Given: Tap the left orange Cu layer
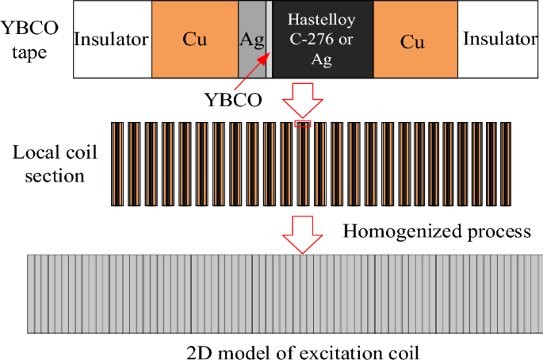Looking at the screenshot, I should (194, 40).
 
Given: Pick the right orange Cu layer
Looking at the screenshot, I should (411, 40).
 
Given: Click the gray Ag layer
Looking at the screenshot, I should (250, 40).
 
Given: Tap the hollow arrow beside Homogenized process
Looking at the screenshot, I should (304, 236).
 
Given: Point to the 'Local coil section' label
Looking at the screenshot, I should (48, 164).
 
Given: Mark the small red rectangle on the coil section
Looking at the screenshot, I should (304, 123).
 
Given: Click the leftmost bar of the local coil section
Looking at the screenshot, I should (117, 164).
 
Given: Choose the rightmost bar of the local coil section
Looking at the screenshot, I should (505, 164).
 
